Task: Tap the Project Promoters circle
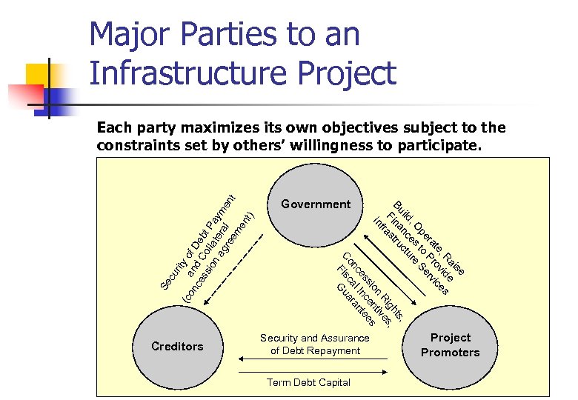click(450, 345)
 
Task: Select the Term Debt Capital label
click(309, 382)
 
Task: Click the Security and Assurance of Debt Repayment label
click(315, 344)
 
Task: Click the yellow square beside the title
click(38, 76)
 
